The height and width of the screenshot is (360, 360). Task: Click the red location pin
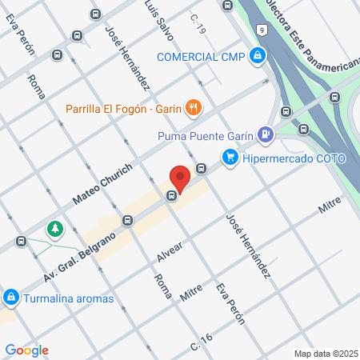[180, 178]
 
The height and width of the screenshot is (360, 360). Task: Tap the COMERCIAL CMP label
[199, 56]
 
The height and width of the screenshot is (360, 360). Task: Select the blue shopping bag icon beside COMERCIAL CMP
[257, 56]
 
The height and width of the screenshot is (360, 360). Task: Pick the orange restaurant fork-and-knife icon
[193, 106]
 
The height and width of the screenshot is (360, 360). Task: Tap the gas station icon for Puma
[265, 134]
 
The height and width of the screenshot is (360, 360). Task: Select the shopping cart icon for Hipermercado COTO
[230, 158]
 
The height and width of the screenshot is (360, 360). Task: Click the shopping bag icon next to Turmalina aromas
[11, 298]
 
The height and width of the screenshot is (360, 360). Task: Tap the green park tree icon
[55, 230]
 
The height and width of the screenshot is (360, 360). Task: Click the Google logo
[26, 350]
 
